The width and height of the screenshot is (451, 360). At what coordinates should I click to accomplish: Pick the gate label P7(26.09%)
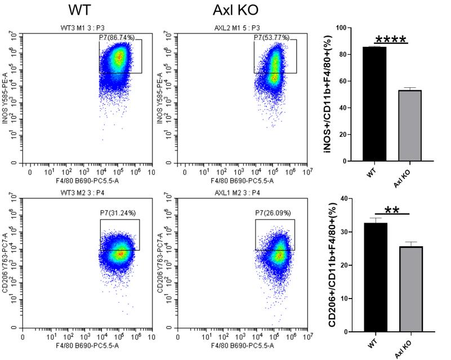tap(274, 214)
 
